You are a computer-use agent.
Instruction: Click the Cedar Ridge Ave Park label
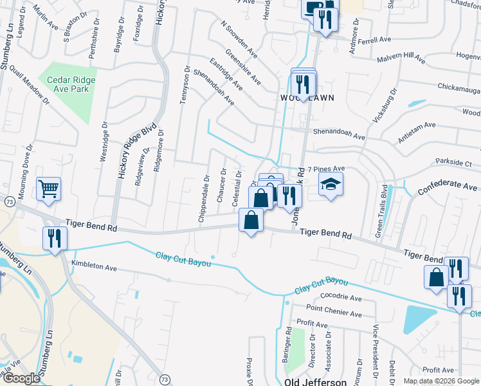click(71, 84)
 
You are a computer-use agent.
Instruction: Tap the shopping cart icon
click(48, 188)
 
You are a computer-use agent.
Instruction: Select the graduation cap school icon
click(331, 185)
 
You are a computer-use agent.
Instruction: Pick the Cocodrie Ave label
click(338, 299)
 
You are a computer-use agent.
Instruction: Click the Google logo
click(21, 378)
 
